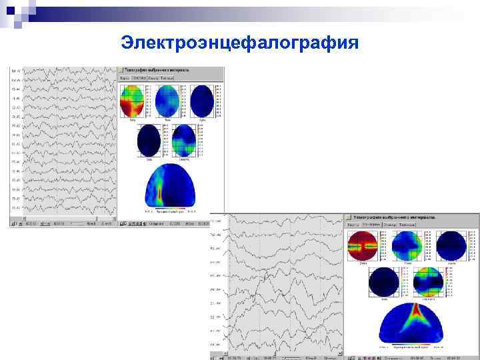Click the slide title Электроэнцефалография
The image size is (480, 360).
click(240, 44)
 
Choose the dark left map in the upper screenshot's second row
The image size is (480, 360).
click(149, 141)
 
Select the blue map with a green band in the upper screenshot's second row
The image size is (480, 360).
click(183, 141)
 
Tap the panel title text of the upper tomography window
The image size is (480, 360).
click(159, 69)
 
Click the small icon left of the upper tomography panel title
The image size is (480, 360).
click(121, 69)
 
